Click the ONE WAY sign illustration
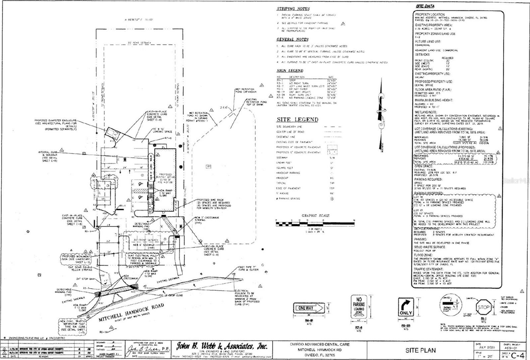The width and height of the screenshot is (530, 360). point(309,308)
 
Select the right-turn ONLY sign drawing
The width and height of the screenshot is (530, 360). point(406,307)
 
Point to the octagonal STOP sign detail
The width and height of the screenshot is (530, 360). point(483,307)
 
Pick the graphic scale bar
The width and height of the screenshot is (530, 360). point(315,223)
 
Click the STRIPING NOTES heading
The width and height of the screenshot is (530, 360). point(293,9)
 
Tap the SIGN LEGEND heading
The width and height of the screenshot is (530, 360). point(290,71)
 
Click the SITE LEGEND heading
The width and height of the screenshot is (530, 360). point(297,120)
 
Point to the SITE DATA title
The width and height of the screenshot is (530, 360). point(425,6)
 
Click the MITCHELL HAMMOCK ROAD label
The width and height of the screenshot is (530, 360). point(131,312)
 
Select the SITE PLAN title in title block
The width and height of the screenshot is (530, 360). point(420,350)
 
